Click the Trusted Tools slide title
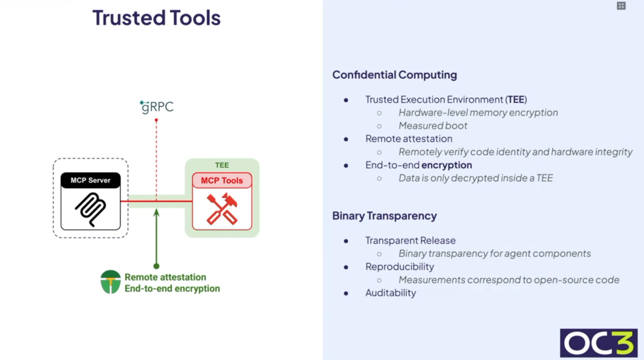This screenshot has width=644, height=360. point(156,18)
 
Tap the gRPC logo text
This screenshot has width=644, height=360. point(157,107)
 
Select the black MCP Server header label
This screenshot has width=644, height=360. point(90,180)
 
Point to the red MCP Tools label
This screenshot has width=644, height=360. point(222,181)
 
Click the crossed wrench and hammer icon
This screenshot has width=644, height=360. point(222,210)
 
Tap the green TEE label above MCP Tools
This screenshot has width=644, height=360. point(222,165)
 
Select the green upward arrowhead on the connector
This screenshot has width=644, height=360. point(156,212)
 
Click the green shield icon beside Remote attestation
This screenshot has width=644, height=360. point(110,282)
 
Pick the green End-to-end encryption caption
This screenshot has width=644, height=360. point(172,289)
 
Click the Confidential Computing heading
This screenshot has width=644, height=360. point(394,75)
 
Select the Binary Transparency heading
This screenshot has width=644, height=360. point(384,216)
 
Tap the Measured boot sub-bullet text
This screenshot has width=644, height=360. point(433,126)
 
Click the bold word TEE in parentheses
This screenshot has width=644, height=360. point(516,100)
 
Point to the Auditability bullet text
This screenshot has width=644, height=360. point(391,293)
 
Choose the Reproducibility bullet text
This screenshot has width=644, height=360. point(400,267)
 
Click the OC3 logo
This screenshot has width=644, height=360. point(598,343)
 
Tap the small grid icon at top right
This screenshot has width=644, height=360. point(621,6)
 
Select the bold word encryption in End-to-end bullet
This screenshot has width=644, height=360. point(446,165)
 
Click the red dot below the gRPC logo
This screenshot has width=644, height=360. point(156,121)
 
